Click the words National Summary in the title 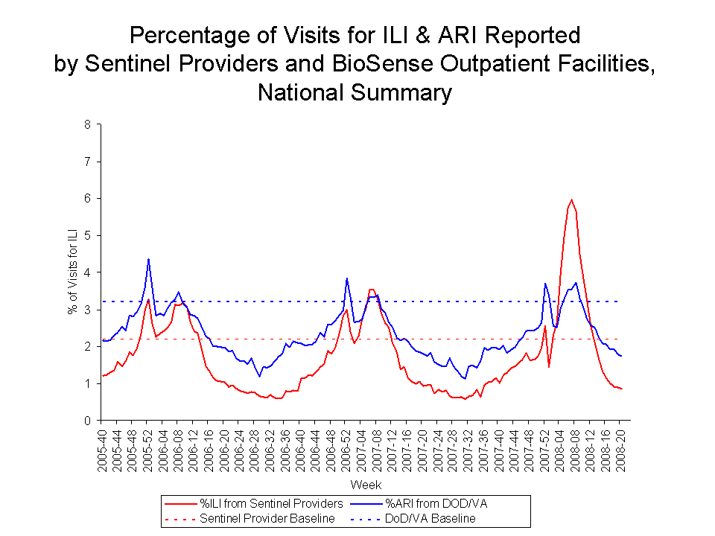(x=355, y=93)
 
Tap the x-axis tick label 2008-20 (x=620, y=448)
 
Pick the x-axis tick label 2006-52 (x=346, y=448)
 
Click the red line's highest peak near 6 (x=571, y=200)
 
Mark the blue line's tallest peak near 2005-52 (x=148, y=259)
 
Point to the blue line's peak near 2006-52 (x=346, y=278)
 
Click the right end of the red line (x=621, y=389)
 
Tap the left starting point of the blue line (x=103, y=340)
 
